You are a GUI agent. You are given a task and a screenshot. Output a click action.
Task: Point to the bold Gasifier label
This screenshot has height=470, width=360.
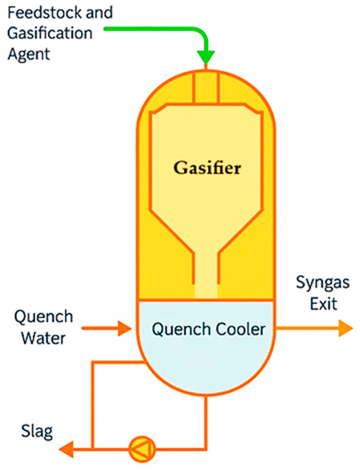(207, 168)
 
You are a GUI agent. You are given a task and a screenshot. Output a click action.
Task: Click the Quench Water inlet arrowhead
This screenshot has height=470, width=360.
(125, 328)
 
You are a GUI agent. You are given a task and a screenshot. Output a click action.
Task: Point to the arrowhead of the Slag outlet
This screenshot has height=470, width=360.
(65, 448)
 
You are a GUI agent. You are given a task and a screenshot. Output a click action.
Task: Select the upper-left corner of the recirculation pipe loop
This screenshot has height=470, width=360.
(93, 361)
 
